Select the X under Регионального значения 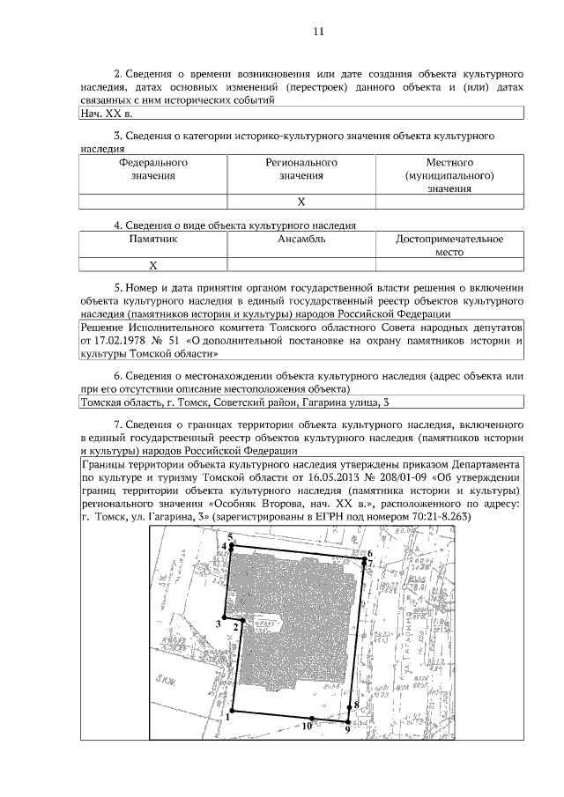(x=301, y=202)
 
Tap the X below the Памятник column (x=152, y=264)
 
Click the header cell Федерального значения (x=152, y=169)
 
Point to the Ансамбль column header (x=301, y=239)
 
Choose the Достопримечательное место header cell (x=449, y=245)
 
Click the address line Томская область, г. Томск (x=145, y=402)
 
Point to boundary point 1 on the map (x=227, y=716)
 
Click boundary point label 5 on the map (x=230, y=536)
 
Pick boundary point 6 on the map (x=370, y=553)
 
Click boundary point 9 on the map (x=347, y=729)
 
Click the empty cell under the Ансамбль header (x=301, y=264)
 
